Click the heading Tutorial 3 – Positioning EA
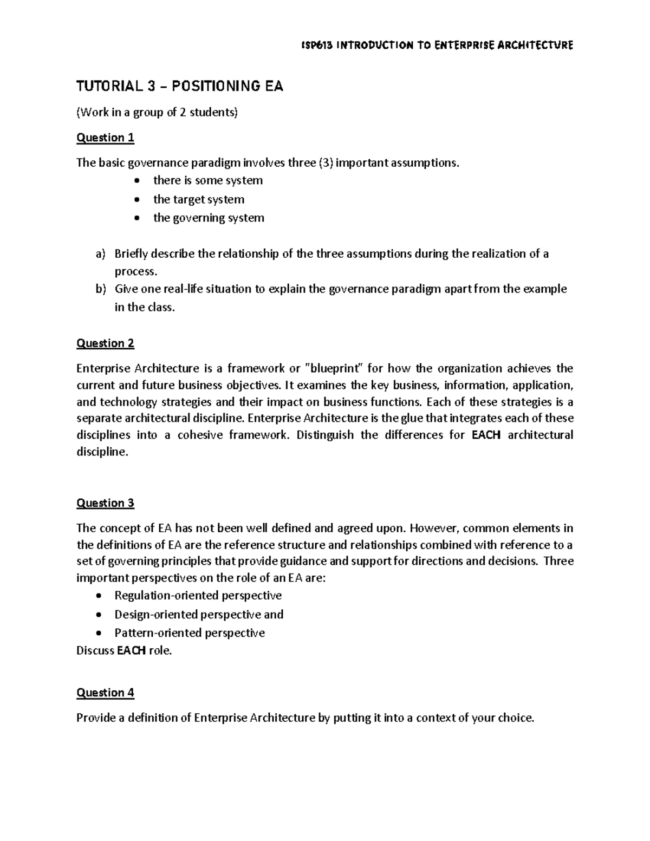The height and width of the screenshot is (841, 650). [180, 87]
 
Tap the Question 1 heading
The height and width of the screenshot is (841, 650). [105, 138]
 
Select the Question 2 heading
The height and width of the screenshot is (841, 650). [105, 343]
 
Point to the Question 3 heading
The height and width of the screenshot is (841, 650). [105, 503]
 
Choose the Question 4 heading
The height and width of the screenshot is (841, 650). [105, 693]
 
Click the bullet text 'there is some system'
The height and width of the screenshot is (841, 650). [208, 180]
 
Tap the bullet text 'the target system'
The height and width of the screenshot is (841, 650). [199, 199]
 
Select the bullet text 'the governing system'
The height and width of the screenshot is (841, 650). [209, 218]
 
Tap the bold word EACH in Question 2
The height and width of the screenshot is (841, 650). [486, 435]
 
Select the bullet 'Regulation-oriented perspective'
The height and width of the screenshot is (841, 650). [198, 596]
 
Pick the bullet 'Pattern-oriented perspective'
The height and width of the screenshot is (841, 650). [190, 633]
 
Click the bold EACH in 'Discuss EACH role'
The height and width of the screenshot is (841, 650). [131, 651]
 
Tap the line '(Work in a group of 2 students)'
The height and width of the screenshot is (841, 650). [157, 113]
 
